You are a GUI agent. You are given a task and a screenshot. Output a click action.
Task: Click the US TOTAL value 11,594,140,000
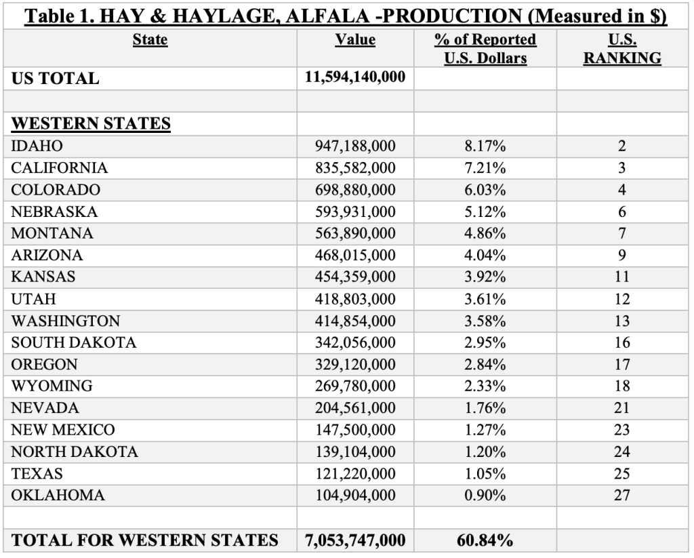click(355, 77)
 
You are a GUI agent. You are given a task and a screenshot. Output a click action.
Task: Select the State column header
click(150, 40)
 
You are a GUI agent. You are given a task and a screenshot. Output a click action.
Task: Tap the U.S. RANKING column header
click(622, 49)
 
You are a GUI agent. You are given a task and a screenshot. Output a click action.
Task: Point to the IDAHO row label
click(37, 146)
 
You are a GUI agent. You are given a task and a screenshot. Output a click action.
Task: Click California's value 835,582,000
click(356, 167)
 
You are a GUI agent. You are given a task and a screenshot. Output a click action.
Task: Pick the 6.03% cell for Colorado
click(485, 189)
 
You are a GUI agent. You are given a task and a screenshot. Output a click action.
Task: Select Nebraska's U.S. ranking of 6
click(622, 212)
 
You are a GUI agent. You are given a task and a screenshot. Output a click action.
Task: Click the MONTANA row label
click(52, 233)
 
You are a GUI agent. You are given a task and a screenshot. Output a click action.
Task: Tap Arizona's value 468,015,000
click(356, 255)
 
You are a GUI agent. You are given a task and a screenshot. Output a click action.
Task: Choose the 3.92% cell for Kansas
click(485, 277)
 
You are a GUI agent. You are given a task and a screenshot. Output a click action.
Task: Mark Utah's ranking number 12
click(622, 299)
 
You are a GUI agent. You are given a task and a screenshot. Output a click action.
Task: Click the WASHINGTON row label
click(66, 321)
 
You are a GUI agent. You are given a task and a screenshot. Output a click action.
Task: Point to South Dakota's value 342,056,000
click(356, 342)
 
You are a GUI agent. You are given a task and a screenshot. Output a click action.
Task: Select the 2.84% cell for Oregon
click(485, 364)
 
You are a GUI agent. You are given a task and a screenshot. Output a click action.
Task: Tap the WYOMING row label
click(52, 386)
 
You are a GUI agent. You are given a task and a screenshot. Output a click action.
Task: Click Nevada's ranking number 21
click(622, 408)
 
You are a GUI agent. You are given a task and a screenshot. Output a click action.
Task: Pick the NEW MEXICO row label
click(63, 430)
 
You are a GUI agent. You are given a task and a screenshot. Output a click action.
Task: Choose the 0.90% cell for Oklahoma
click(485, 496)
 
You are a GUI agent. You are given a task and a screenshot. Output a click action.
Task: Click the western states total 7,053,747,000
click(355, 540)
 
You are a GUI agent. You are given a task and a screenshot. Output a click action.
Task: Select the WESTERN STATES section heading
click(91, 123)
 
